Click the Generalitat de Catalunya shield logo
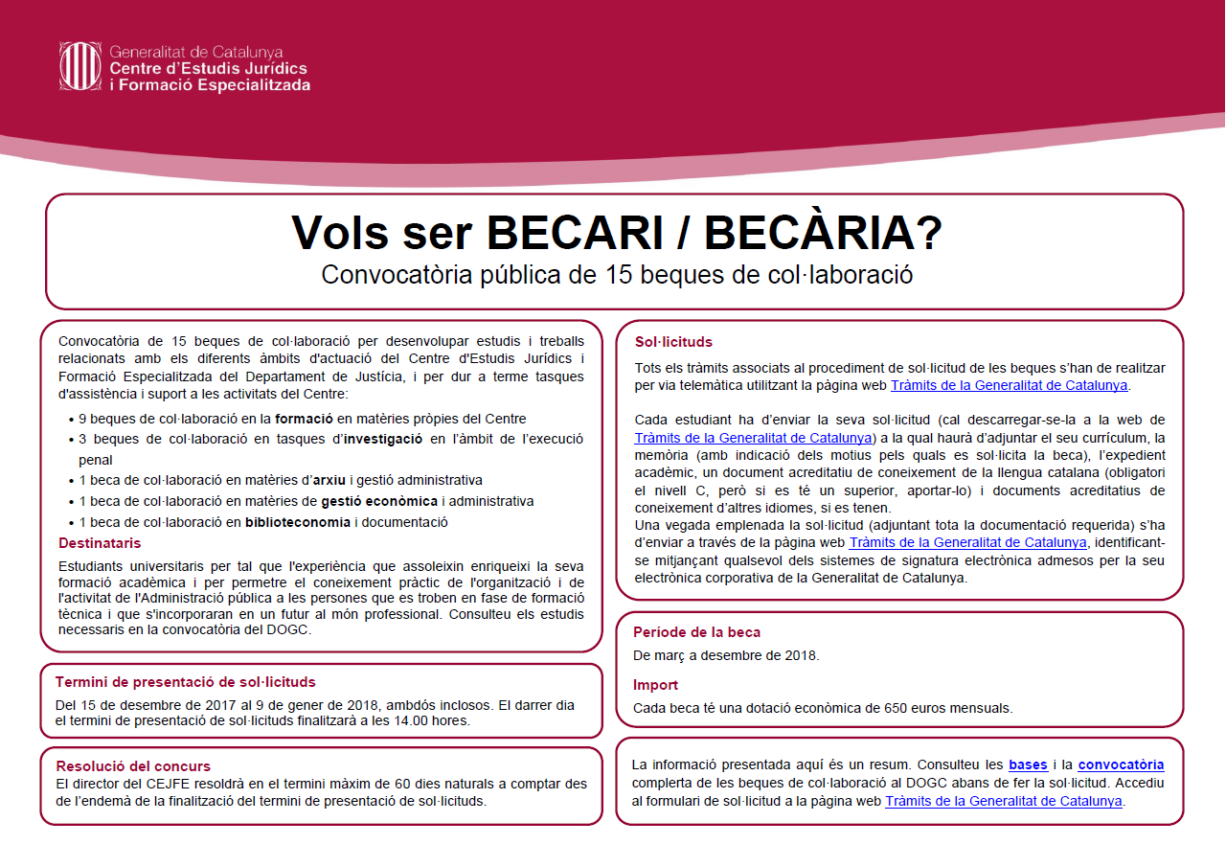click(x=79, y=66)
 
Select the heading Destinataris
click(x=101, y=544)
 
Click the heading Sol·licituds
click(x=673, y=342)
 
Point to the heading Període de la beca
click(x=696, y=632)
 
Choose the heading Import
click(x=655, y=685)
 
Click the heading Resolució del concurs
click(x=133, y=766)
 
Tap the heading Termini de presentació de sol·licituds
click(x=185, y=682)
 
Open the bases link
click(x=1028, y=764)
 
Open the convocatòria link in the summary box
click(x=1121, y=764)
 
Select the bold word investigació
click(x=383, y=439)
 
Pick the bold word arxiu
click(x=331, y=480)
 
